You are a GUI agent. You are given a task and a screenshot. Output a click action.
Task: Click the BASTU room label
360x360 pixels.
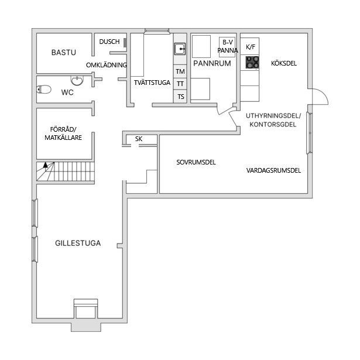point(64,53)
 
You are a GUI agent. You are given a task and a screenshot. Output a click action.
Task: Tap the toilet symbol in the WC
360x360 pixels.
point(43,90)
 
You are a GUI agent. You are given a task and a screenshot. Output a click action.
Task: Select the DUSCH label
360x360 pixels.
point(109,42)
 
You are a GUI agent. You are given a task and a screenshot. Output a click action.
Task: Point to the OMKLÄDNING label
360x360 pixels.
point(106,65)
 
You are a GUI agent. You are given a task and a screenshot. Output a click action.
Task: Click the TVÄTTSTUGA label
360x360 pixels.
point(152,83)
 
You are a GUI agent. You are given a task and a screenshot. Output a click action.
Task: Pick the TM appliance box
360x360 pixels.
point(180,71)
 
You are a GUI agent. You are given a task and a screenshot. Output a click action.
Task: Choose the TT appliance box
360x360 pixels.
point(180,84)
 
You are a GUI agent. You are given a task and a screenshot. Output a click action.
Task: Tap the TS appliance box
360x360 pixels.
point(180,97)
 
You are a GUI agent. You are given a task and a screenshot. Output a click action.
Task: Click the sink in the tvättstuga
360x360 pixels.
point(180,49)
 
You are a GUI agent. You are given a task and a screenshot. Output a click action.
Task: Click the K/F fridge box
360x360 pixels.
point(251,47)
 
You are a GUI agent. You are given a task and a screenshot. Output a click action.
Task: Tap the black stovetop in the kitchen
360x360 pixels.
point(252,62)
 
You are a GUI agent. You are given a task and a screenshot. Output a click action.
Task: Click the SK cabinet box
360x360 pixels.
point(139,139)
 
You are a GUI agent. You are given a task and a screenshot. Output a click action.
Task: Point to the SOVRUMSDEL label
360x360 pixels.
point(196,162)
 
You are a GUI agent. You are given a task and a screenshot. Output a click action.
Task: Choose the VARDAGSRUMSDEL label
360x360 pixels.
point(273,171)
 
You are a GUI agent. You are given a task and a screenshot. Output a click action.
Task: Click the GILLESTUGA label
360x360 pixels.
point(78,243)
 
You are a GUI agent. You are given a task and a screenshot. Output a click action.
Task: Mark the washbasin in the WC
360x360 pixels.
point(77,80)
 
